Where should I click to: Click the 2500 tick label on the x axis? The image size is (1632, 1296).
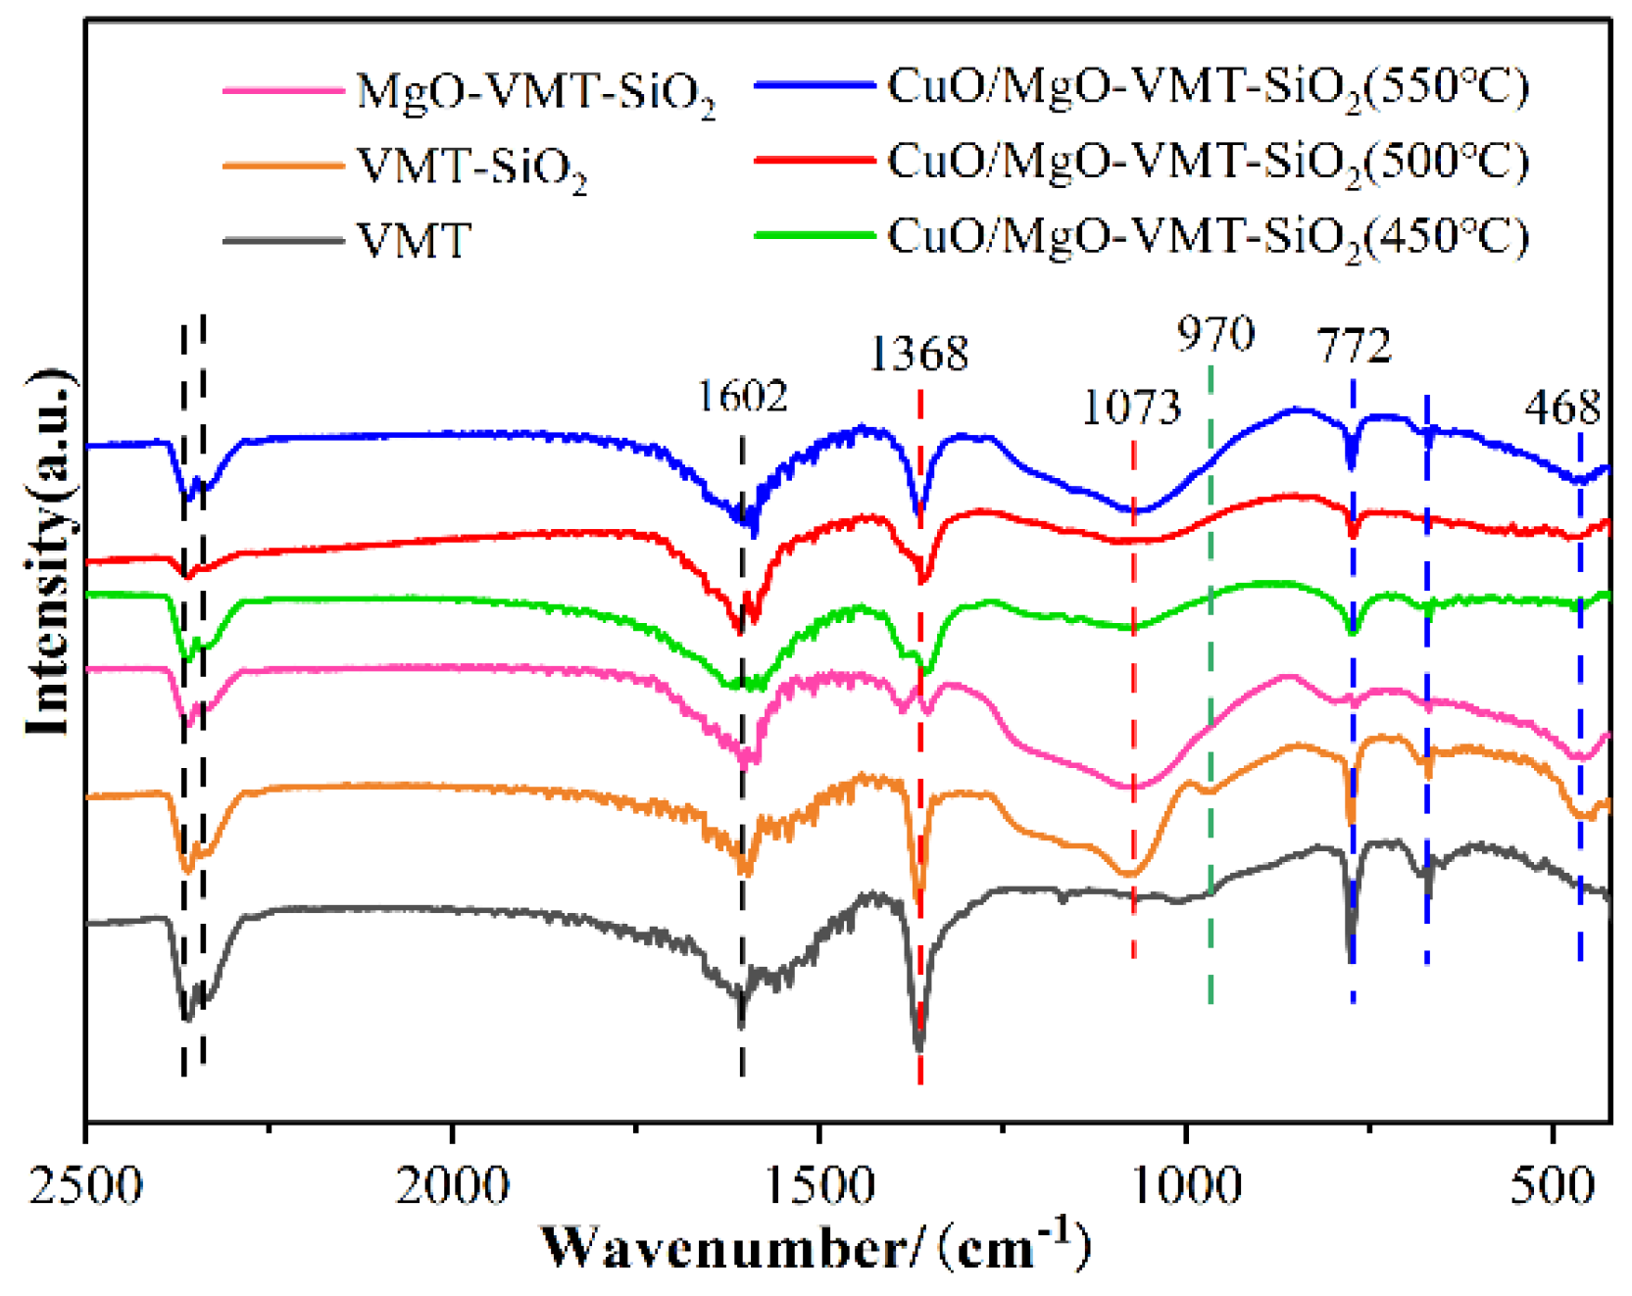(86, 1185)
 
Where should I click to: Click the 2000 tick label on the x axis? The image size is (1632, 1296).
(452, 1185)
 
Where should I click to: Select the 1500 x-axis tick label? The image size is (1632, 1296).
(818, 1185)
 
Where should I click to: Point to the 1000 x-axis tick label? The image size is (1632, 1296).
(1186, 1185)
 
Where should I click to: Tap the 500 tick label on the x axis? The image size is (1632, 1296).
(1553, 1185)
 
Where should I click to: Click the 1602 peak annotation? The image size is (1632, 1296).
(742, 397)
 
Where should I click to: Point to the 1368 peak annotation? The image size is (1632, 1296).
(918, 354)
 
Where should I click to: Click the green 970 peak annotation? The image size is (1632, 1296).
(1215, 335)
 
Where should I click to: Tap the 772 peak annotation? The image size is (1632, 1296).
(1354, 347)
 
